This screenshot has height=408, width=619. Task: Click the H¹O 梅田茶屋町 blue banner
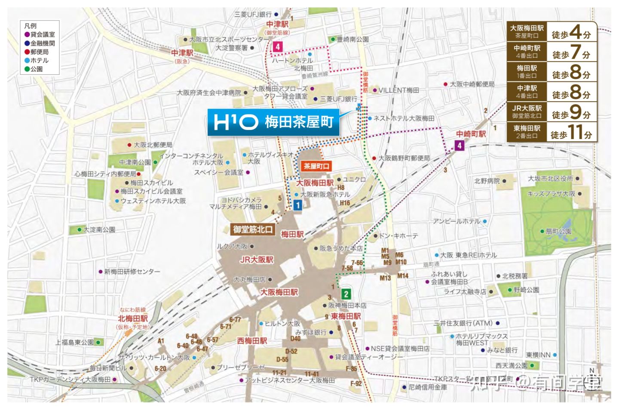[x=273, y=122]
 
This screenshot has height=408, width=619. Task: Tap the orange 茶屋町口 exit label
[x=316, y=166]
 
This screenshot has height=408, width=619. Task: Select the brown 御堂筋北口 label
[x=253, y=229]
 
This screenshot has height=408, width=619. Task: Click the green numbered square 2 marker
[x=346, y=294]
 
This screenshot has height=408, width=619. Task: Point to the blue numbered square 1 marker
[x=297, y=205]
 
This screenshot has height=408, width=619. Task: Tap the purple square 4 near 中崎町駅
[x=459, y=145]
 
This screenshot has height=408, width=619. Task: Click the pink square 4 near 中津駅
[x=278, y=46]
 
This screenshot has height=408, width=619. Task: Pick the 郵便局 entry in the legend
[x=39, y=52]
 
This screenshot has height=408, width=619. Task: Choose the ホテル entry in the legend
[x=39, y=60]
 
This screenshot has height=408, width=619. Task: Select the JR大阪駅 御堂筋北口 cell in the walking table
[x=527, y=111]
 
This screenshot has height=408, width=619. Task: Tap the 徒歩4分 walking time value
[x=571, y=32]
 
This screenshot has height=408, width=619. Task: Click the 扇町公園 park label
[x=558, y=231]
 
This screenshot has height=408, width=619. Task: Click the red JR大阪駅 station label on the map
[x=257, y=260]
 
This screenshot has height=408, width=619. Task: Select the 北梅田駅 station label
[x=133, y=318]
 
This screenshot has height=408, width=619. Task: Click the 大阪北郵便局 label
[x=152, y=145]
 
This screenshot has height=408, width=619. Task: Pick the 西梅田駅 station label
[x=252, y=340]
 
